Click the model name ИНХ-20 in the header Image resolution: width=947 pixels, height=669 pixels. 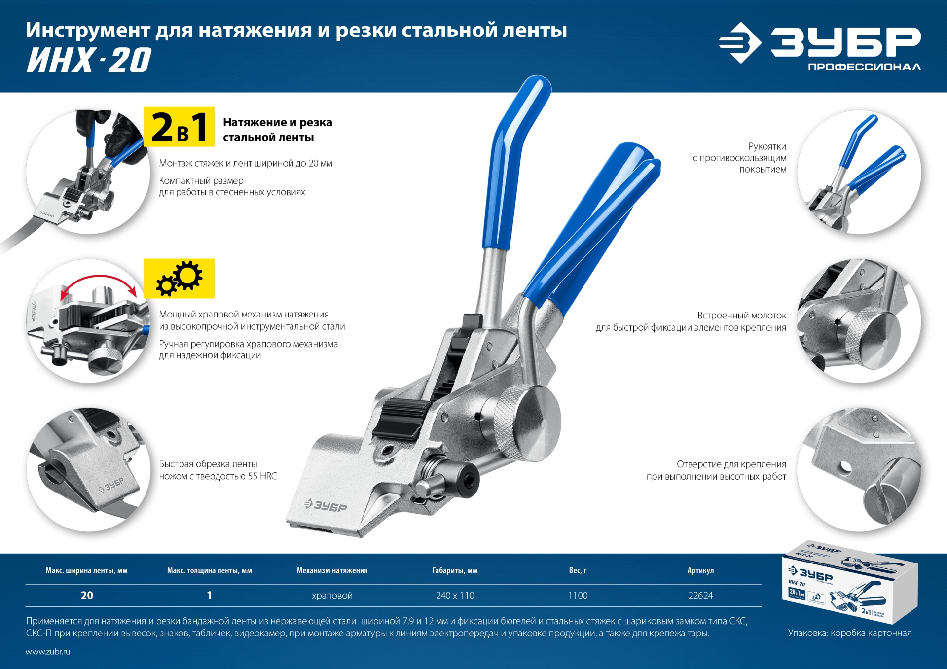pos(89,61)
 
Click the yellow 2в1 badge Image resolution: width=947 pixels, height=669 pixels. pos(179,127)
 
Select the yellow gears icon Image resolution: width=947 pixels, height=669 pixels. pos(179,279)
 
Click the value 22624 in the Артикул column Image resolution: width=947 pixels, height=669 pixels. pos(700,596)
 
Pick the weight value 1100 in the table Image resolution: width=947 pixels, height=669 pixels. pos(578,596)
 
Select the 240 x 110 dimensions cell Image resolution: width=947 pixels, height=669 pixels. pos(455,596)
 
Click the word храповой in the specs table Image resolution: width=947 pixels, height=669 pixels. pos(332,596)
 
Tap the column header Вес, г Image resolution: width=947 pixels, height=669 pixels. pos(578,570)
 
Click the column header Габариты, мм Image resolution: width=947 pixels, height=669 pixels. pos(455,570)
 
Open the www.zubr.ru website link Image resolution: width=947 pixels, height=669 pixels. pos(48,652)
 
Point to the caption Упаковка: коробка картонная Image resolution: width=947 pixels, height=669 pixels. pos(849,633)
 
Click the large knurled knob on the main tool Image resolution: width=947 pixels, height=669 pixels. pos(528,422)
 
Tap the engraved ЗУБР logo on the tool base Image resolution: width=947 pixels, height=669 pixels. pos(326,505)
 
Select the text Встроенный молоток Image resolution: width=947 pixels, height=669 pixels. pos(741,316)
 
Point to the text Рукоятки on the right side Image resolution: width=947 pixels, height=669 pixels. pos(767,146)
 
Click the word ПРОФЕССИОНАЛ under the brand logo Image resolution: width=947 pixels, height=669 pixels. pos(864,67)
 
